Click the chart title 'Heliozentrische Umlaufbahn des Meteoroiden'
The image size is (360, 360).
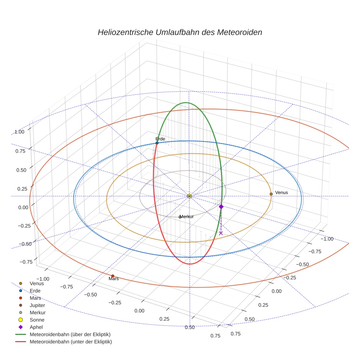[x=180, y=32]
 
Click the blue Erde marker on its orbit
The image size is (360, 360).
[x=157, y=143]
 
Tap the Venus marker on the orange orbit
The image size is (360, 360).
[x=271, y=194]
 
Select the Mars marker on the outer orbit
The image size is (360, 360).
[x=113, y=276]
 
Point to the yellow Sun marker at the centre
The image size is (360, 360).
[x=189, y=196]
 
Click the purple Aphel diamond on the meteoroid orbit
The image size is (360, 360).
[x=221, y=207]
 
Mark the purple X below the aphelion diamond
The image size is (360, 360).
[x=221, y=233]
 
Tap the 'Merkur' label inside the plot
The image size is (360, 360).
[x=187, y=217]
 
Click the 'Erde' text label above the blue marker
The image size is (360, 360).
[x=160, y=139]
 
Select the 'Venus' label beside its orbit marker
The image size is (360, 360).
[x=281, y=193]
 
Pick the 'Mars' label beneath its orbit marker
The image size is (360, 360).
[x=114, y=279]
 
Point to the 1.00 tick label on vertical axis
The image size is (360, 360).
[x=19, y=132]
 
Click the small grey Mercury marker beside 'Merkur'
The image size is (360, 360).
[x=180, y=217]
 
